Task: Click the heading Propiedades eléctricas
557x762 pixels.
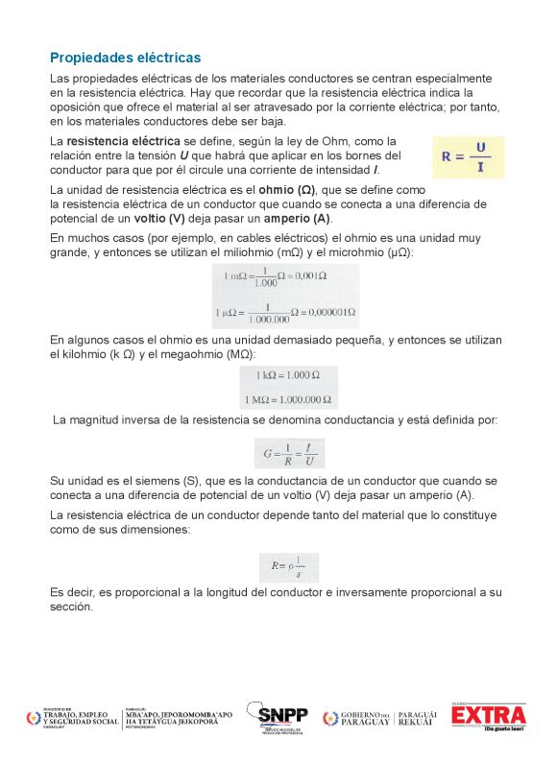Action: click(x=125, y=58)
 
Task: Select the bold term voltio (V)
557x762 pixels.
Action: click(x=157, y=218)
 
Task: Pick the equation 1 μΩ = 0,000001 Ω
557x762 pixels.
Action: click(x=289, y=312)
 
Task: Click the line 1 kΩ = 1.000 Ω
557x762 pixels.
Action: click(x=288, y=374)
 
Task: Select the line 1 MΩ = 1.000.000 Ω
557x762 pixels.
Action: click(x=288, y=399)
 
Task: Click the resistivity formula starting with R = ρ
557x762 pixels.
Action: click(x=288, y=568)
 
